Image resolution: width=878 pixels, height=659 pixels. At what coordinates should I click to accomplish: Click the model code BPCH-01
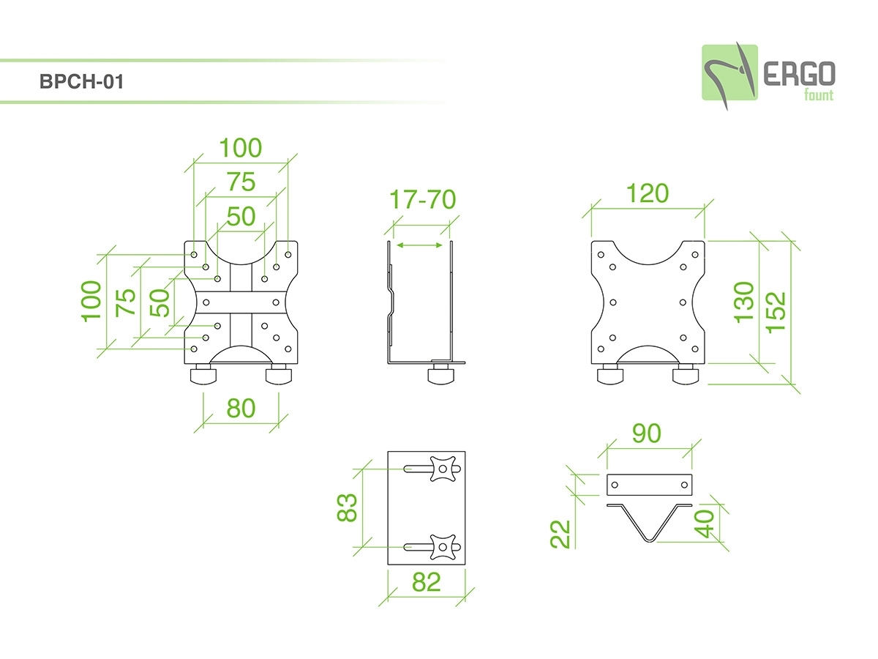(x=82, y=81)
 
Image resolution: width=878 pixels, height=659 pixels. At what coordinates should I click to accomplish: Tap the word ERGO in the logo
(x=799, y=73)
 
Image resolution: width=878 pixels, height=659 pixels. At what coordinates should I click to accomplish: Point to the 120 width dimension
(x=648, y=193)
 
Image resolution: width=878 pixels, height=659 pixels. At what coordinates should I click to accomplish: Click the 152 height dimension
(x=776, y=311)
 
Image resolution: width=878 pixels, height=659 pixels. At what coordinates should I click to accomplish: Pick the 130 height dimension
(x=744, y=302)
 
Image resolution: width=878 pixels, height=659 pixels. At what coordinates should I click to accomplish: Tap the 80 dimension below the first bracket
(x=241, y=408)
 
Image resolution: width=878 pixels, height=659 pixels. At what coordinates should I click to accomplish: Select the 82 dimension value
(x=427, y=582)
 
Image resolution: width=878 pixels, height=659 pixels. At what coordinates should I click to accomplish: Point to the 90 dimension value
(x=646, y=433)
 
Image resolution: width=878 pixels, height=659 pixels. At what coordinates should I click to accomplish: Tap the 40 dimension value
(x=705, y=524)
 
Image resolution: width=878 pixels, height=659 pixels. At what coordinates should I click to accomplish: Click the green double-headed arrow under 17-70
(x=419, y=247)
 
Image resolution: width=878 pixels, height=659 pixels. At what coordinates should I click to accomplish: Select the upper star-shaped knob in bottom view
(x=443, y=469)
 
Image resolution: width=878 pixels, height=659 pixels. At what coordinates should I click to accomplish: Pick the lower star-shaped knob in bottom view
(x=443, y=546)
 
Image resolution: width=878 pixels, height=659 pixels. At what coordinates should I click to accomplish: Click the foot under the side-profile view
(x=441, y=376)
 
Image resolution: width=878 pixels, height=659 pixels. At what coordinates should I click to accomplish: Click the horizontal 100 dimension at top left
(x=241, y=148)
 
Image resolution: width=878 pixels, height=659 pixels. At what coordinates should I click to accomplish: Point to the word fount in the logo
(x=817, y=94)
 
